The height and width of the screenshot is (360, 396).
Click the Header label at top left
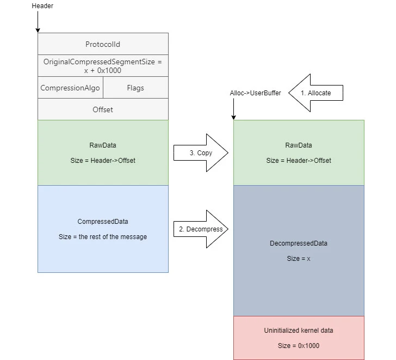pos(42,6)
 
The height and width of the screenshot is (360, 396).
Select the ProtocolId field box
pos(103,44)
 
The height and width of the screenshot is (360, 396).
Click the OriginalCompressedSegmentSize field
pos(103,65)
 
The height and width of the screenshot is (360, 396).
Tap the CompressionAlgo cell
pos(70,87)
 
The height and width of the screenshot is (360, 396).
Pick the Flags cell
pos(135,87)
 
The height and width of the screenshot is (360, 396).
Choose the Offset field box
pos(103,109)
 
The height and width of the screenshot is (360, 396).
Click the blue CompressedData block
pos(103,229)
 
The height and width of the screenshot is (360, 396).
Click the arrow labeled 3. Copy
pos(200,153)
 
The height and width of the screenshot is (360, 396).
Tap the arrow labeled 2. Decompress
pos(200,229)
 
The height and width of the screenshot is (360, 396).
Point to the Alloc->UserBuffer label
pos(255,93)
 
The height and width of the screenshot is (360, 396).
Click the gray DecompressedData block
pos(299,251)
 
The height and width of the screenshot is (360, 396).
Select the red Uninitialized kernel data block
pos(299,338)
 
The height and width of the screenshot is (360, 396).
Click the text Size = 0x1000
pos(299,346)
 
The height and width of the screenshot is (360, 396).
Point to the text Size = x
pos(299,259)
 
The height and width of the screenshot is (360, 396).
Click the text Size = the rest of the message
pos(103,237)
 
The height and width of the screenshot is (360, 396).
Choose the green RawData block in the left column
pos(103,152)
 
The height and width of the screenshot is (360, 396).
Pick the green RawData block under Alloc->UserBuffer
pos(299,152)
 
